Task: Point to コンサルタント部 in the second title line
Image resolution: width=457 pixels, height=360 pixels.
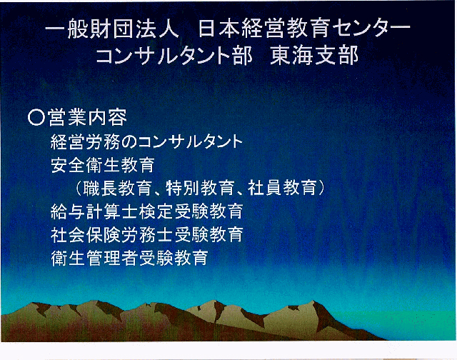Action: [174, 55]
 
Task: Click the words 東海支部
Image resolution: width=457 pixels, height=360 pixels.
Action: [314, 55]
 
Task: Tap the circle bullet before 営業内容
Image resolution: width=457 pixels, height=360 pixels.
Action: [36, 117]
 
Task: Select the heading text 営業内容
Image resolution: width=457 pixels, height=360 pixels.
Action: [87, 117]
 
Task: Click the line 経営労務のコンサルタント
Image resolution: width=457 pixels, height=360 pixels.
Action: [146, 141]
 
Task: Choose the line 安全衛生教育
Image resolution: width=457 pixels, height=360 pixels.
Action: [103, 165]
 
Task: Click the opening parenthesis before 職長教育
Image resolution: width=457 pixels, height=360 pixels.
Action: [78, 189]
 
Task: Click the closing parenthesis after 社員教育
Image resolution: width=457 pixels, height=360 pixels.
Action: [321, 189]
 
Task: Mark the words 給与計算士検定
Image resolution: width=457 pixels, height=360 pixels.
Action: [111, 211]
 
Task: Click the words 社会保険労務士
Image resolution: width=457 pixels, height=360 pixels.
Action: [111, 234]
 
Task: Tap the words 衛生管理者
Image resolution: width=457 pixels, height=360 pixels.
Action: [94, 258]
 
